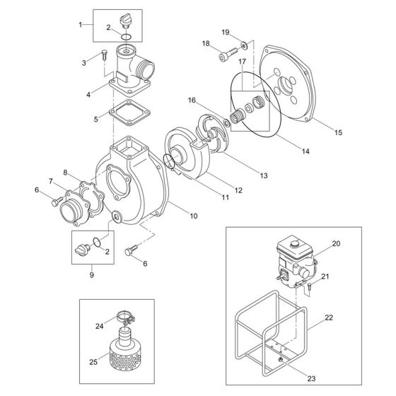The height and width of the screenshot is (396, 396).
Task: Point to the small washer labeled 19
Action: click(x=243, y=45)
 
